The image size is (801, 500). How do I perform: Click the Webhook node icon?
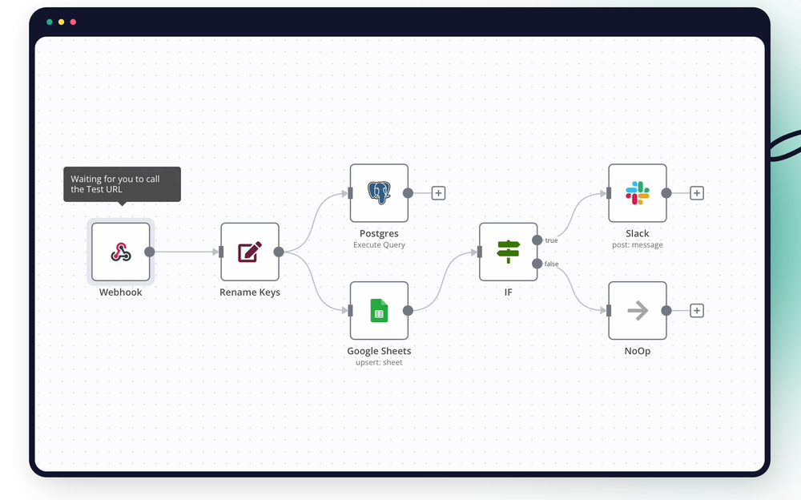click(x=121, y=252)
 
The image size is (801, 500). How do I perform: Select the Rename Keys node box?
click(x=250, y=252)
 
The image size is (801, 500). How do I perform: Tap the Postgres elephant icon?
click(x=379, y=192)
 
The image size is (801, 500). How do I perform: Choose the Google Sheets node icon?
click(x=379, y=310)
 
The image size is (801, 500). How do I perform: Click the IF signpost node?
click(x=509, y=252)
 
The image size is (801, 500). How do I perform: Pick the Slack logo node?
click(x=638, y=192)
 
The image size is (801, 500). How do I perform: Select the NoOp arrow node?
click(x=638, y=310)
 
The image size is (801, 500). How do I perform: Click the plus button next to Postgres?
click(x=438, y=193)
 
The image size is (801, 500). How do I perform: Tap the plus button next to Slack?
click(x=697, y=193)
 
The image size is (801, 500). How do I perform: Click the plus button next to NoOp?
click(x=697, y=311)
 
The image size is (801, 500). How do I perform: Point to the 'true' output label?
click(x=551, y=240)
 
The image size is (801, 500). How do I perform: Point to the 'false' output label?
click(x=551, y=264)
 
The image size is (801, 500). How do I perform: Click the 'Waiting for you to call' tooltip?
click(x=122, y=184)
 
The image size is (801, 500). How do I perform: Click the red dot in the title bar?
click(x=73, y=22)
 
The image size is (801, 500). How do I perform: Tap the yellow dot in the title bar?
click(x=61, y=22)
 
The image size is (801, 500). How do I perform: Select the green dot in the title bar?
click(x=50, y=22)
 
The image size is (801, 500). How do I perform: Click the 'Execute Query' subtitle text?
click(x=379, y=245)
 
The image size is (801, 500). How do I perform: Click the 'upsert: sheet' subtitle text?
click(x=379, y=363)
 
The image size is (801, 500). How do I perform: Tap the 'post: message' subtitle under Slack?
click(x=638, y=245)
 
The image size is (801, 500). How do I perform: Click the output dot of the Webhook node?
click(x=150, y=252)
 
